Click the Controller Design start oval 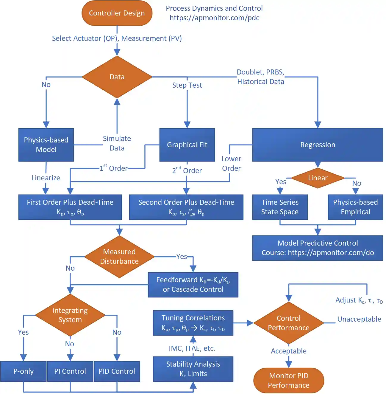point(117,13)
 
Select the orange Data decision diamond point(117,77)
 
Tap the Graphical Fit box point(187,145)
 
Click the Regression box point(318,145)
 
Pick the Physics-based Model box point(46,145)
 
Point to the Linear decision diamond point(318,178)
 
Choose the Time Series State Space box point(280,207)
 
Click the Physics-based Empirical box point(355,207)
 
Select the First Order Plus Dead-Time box point(70,207)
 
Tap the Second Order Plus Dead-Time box point(186,207)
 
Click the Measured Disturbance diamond point(119,257)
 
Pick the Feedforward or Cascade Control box point(193,285)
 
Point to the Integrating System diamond point(70,315)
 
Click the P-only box point(24,371)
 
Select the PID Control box point(117,371)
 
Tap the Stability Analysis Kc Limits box point(193,369)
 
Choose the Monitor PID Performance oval point(288,381)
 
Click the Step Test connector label point(187,85)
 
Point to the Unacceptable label point(359,319)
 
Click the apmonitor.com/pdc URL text point(214,18)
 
